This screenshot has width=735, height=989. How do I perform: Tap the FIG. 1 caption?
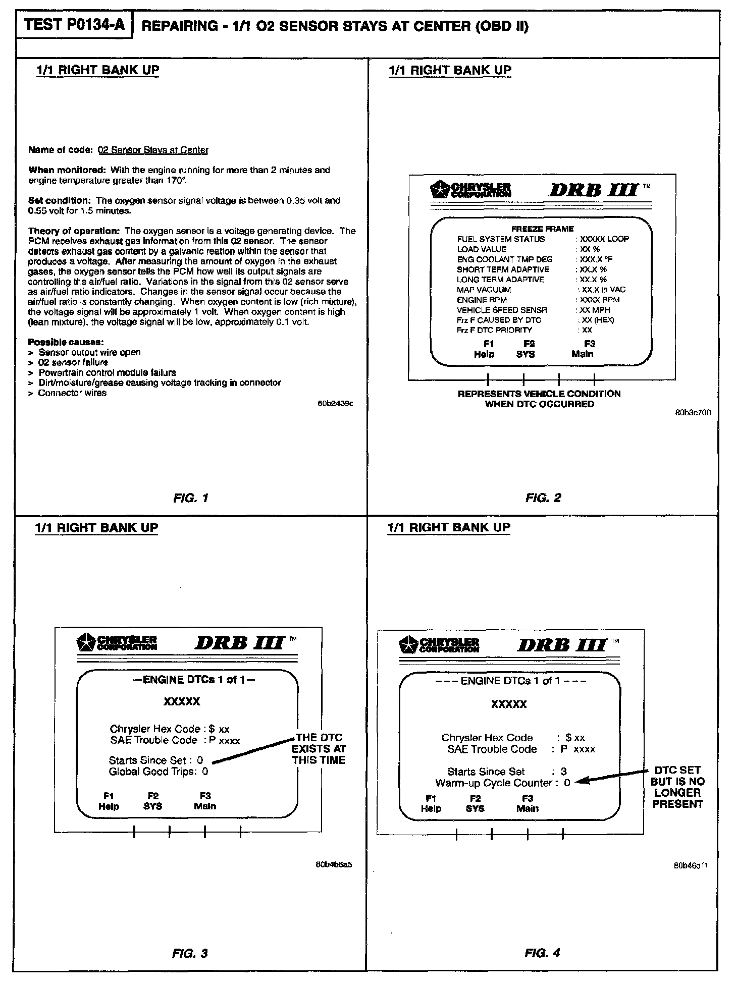click(x=190, y=498)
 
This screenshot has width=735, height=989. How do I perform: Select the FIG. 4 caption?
click(x=542, y=953)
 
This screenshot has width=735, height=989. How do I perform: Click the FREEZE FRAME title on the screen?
click(x=543, y=229)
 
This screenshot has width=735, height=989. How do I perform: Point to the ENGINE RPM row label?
click(x=482, y=300)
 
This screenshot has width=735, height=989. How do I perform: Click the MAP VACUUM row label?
click(x=484, y=290)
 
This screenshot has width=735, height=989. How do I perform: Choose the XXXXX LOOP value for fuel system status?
click(x=604, y=239)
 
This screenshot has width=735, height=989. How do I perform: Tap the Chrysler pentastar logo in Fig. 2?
click(x=437, y=190)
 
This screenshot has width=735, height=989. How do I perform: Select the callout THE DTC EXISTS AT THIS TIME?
click(x=319, y=749)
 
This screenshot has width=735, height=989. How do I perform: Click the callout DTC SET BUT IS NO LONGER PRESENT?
click(x=677, y=787)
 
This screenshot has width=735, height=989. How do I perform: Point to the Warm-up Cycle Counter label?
click(x=494, y=783)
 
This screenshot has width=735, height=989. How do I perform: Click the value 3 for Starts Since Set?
click(x=563, y=772)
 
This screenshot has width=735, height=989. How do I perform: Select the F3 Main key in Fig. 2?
click(x=583, y=349)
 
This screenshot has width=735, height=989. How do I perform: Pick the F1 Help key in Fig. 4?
click(x=431, y=803)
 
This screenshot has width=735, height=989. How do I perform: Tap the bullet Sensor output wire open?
click(x=89, y=352)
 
